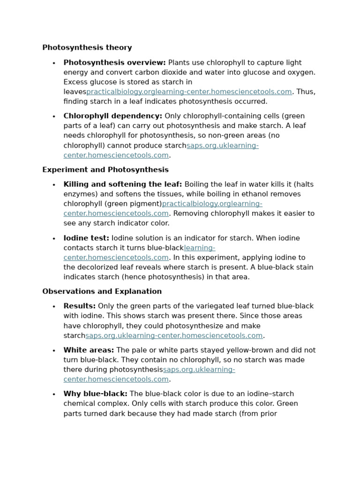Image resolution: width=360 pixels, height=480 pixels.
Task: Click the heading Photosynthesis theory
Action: (87, 48)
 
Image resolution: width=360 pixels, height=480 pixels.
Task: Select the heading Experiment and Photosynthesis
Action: (105, 170)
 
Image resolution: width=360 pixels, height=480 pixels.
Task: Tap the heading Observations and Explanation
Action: (102, 292)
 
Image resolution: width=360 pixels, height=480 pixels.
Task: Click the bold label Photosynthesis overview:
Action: (114, 63)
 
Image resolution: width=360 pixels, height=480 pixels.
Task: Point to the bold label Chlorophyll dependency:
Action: (112, 116)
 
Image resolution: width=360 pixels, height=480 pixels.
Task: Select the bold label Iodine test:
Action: (86, 238)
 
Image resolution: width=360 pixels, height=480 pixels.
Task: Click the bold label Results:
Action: (79, 306)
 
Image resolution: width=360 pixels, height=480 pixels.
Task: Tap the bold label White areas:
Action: (89, 350)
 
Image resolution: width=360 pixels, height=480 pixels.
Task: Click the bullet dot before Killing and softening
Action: (54, 185)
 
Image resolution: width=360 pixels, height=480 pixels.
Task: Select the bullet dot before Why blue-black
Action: (54, 394)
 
